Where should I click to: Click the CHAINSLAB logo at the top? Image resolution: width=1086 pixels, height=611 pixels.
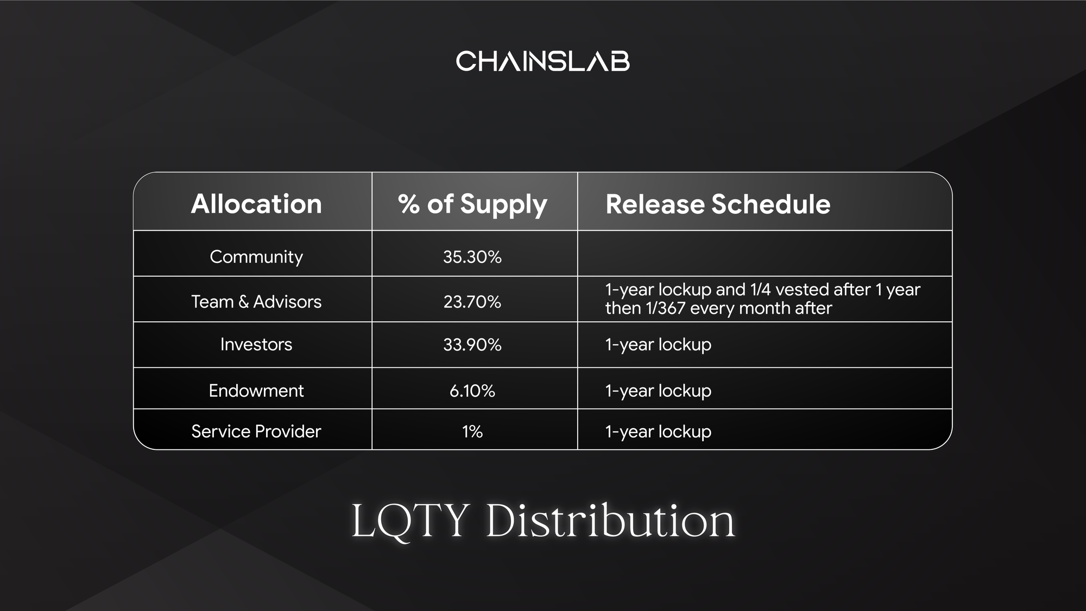(542, 61)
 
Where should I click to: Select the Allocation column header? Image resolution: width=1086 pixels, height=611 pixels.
(256, 204)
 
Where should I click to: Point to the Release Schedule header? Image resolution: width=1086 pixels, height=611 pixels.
(718, 204)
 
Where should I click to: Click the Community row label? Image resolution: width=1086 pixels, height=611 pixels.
(256, 257)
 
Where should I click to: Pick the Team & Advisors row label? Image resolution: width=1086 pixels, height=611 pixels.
(256, 302)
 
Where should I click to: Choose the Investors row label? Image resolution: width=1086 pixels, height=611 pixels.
(256, 345)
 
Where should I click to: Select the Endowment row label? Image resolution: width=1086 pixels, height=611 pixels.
(256, 391)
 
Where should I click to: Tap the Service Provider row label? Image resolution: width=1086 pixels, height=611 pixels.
(256, 431)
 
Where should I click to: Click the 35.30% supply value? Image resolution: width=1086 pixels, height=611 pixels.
(472, 257)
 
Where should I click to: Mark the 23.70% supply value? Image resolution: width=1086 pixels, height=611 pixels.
(472, 302)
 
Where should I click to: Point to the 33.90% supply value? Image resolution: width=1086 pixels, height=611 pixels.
(472, 345)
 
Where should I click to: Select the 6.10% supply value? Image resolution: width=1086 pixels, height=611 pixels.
(472, 391)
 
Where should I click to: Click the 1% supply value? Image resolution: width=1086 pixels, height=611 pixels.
(472, 431)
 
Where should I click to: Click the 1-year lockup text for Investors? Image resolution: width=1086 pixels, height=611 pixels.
(658, 345)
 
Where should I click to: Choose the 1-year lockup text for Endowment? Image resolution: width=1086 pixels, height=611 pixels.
(658, 391)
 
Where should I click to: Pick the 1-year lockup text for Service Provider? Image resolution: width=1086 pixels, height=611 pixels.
(658, 432)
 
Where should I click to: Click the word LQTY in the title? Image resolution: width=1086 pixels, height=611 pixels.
(411, 521)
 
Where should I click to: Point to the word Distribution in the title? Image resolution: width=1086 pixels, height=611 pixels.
(610, 520)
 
